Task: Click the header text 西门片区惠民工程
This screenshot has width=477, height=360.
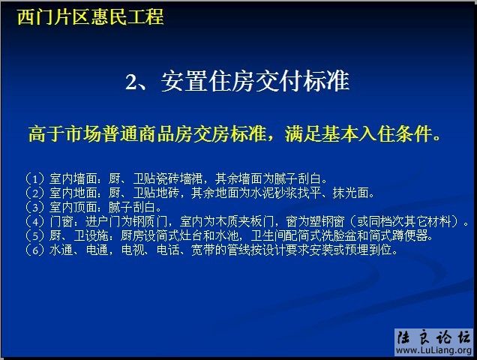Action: coord(90,16)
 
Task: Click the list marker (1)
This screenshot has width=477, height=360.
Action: coord(34,178)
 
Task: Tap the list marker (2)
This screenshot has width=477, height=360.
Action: coord(34,193)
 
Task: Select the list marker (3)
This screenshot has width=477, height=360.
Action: coord(34,207)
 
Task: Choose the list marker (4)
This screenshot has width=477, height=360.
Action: coord(34,221)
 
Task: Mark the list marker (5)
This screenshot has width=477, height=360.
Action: coord(34,235)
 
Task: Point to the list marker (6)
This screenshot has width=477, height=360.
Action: coord(34,250)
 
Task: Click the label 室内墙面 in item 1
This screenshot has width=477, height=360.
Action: coord(73,178)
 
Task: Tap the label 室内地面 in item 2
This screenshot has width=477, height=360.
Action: coord(73,193)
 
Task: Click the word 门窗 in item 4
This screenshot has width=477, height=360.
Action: coord(62,221)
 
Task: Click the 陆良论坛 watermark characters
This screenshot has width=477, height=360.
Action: coord(433,337)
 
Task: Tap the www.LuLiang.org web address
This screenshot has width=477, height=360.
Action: coord(433,351)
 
